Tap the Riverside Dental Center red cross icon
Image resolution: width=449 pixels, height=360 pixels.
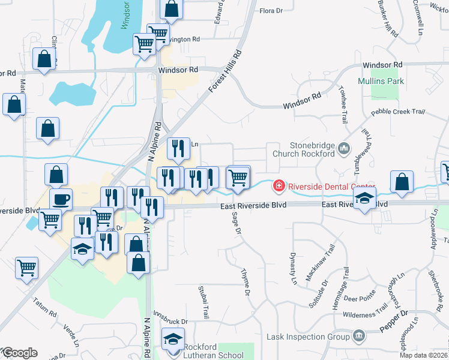pyautogui.click(x=279, y=186)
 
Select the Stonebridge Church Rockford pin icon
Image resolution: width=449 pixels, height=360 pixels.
pyautogui.click(x=344, y=148)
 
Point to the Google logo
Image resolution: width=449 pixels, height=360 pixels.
pyautogui.click(x=20, y=353)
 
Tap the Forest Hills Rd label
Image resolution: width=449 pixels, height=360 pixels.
pyautogui.click(x=225, y=71)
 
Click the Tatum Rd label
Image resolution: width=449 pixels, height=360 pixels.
pyautogui.click(x=44, y=305)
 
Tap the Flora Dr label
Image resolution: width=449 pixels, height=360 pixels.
pyautogui.click(x=271, y=11)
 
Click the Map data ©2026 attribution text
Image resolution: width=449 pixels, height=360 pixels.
pyautogui.click(x=424, y=355)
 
